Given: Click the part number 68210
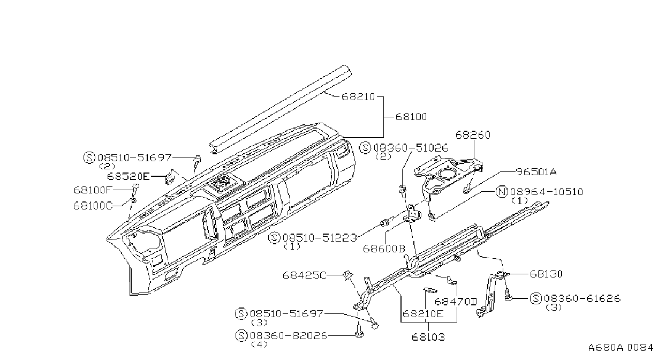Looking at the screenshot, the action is click(x=358, y=96).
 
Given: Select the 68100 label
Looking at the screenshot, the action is click(x=411, y=117).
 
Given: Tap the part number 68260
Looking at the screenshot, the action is click(x=473, y=135).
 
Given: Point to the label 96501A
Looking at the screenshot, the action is click(x=536, y=172).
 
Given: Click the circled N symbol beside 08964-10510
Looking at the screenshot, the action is click(x=502, y=192).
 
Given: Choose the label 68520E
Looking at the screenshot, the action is click(x=128, y=177).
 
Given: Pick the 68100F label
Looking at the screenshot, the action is click(x=92, y=190).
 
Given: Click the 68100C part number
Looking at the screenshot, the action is click(x=93, y=206).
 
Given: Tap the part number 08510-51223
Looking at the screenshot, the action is click(x=320, y=238).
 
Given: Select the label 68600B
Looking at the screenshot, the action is click(x=384, y=249).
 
